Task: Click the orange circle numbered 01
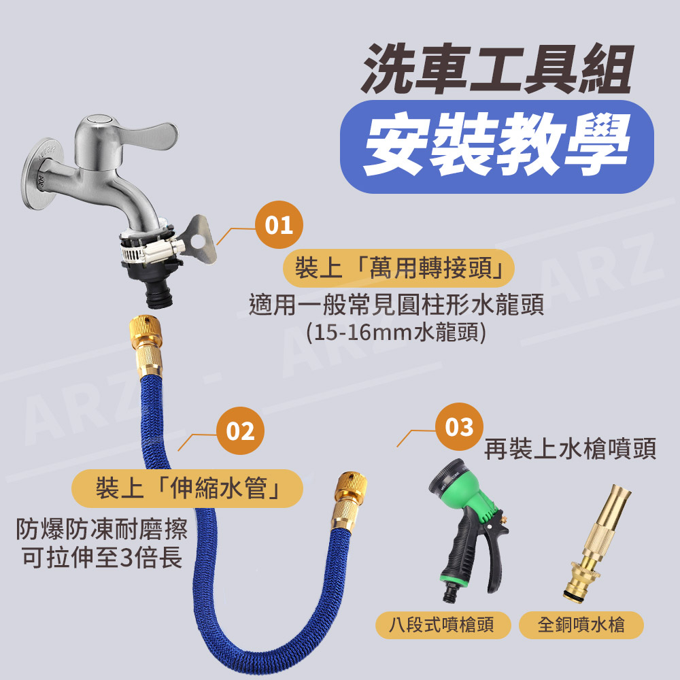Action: (279, 224)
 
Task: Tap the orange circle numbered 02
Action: (240, 430)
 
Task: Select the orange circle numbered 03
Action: (459, 427)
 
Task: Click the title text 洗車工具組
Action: (498, 69)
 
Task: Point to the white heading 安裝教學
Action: (497, 145)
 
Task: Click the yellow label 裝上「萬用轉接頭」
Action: (398, 268)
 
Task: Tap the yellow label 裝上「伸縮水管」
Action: (187, 488)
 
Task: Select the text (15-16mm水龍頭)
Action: (396, 333)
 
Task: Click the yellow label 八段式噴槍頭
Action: (443, 625)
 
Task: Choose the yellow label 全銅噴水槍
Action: (581, 625)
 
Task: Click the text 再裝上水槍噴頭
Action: (571, 449)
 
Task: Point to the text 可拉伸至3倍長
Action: (103, 558)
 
